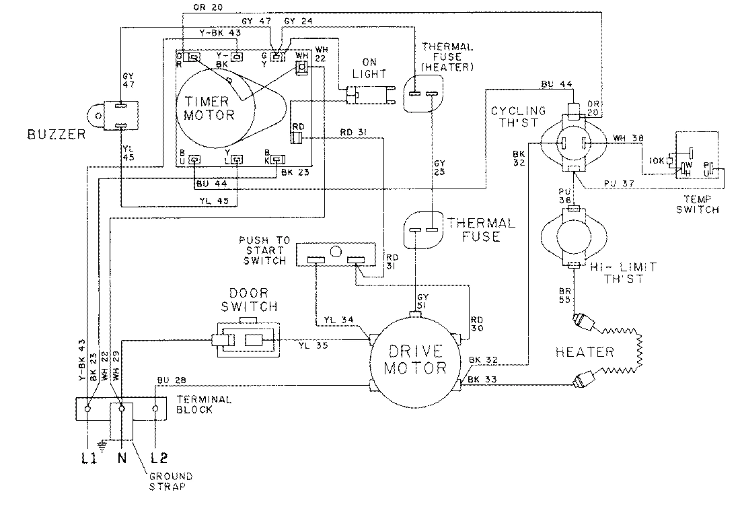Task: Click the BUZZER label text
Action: tap(57, 134)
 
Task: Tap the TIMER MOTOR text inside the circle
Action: tap(209, 108)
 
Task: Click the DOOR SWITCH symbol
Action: tap(245, 341)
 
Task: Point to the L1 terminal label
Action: tap(87, 458)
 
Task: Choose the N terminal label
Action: tap(122, 458)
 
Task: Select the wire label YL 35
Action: tap(313, 346)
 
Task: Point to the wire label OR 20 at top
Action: tap(222, 8)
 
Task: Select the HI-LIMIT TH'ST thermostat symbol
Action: tap(570, 236)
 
